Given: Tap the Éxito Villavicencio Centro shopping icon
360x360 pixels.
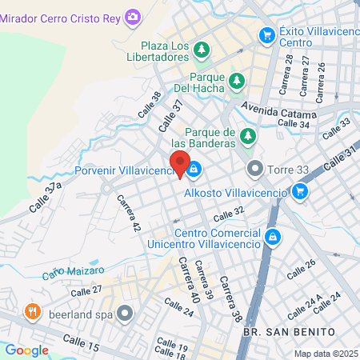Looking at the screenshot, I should coord(266,35).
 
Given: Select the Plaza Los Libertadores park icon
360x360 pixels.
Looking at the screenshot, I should coord(201,50).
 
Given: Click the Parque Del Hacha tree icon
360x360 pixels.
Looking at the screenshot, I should coord(237,81).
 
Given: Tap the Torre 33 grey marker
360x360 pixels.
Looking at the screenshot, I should coord(255,169).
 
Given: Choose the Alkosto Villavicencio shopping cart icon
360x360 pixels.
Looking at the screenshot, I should coord(300,190).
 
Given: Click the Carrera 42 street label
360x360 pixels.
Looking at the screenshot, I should coord(128,214).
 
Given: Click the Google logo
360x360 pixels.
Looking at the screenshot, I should coord(27,350).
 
